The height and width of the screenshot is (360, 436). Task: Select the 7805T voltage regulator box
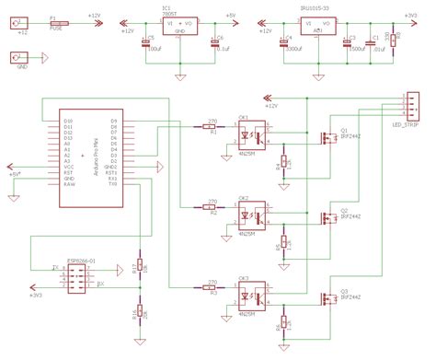click(x=178, y=26)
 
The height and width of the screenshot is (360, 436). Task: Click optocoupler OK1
click(x=251, y=135)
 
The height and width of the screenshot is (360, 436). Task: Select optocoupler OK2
click(x=251, y=215)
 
